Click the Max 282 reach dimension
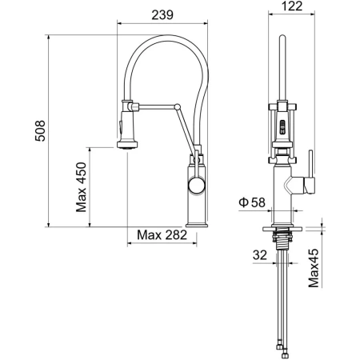coord(162,235)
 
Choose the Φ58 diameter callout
coord(254,202)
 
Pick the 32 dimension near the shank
coord(260,255)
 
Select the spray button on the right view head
coord(281,125)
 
